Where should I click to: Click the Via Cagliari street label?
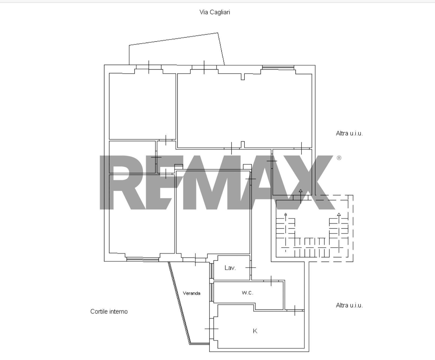215,12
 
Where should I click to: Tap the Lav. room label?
230,268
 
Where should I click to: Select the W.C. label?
247,293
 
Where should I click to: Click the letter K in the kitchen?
255,331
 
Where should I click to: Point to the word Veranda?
191,293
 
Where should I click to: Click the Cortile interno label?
109,311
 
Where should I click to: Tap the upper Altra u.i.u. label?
349,133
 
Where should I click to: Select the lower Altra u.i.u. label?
349,305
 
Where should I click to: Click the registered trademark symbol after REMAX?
339,158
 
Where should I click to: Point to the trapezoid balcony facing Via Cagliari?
177,49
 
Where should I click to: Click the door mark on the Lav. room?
251,268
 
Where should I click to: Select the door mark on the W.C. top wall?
271,281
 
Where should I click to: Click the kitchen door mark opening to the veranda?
212,329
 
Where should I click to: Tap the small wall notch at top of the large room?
243,77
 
